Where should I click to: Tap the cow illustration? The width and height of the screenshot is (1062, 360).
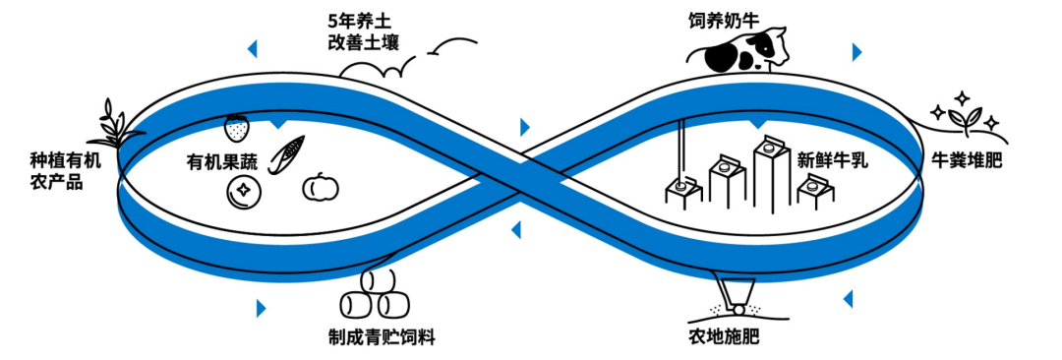[743, 51]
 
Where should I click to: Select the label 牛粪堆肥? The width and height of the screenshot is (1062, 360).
[966, 159]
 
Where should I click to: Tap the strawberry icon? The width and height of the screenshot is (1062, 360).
[236, 127]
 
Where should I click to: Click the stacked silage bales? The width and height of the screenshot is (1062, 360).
[373, 294]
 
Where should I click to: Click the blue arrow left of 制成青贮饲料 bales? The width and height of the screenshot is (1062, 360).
[261, 308]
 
